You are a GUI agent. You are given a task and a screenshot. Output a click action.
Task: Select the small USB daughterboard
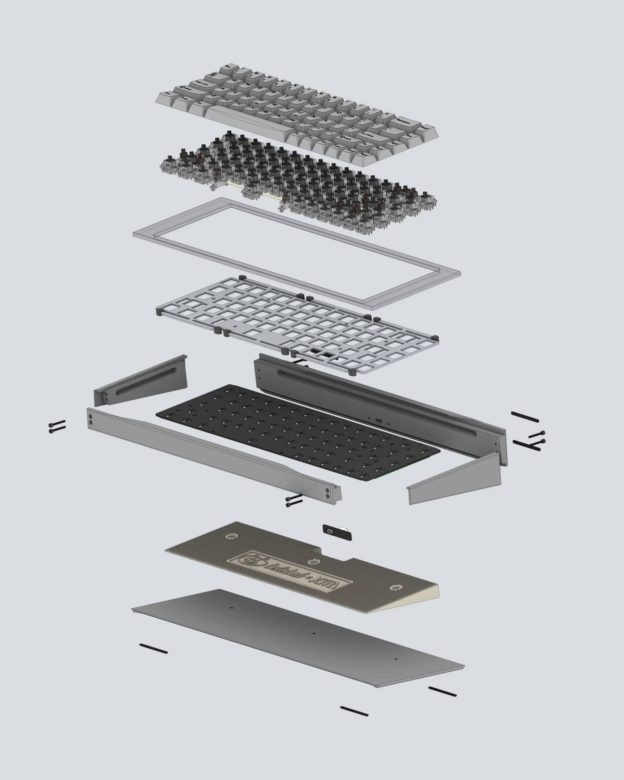point(336,532)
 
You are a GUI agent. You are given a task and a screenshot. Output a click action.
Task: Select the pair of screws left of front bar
point(57,426)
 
